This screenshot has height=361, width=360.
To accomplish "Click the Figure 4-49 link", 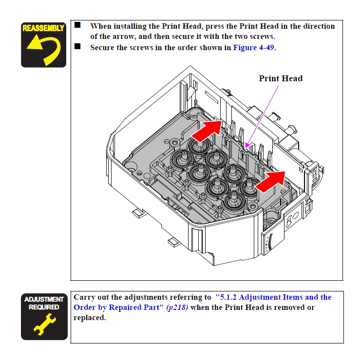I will point(254,48).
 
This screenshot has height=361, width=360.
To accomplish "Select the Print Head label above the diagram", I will point(280,78).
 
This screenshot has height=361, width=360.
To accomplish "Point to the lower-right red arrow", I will point(270,180).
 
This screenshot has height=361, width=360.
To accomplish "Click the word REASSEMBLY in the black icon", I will point(43,28).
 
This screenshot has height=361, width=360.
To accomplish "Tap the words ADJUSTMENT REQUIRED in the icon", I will point(44,303).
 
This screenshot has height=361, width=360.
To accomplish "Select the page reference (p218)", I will point(177,307).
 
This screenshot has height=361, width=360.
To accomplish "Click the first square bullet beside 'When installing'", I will point(77,25).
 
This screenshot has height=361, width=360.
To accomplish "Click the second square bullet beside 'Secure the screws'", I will point(77,47).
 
